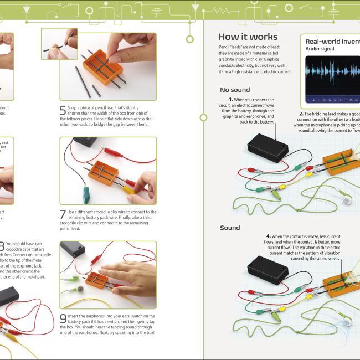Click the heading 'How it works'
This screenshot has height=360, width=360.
click(x=248, y=37)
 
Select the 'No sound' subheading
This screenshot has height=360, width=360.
click(x=235, y=90)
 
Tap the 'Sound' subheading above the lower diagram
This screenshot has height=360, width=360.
click(x=230, y=228)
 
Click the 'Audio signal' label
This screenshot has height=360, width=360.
click(x=321, y=49)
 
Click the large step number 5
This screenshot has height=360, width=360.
click(x=63, y=110)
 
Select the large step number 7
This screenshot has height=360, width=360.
click(x=63, y=214)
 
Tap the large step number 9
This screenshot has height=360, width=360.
click(x=63, y=318)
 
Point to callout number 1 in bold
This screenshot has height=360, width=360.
click(x=230, y=100)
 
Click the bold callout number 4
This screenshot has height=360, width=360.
click(x=268, y=236)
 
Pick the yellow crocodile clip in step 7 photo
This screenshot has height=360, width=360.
click(x=129, y=189)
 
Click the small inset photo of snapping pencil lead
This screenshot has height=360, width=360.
click(x=59, y=44)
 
